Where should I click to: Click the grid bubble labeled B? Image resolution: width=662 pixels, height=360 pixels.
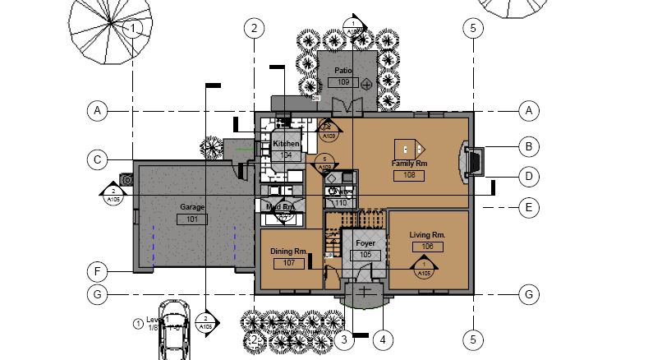point(530,147)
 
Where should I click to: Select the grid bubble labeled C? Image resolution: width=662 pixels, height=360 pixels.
point(97,159)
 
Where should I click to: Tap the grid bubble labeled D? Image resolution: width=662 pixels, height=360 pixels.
point(530,176)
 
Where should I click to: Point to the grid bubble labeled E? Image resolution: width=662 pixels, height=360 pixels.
point(530,208)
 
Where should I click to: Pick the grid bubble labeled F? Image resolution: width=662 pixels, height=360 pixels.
point(97,270)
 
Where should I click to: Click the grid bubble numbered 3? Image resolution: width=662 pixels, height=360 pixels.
point(344,338)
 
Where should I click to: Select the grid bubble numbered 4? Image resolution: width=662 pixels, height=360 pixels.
point(381,338)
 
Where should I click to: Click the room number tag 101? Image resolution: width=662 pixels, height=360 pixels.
point(192,219)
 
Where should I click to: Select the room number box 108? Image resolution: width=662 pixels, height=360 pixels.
point(408,175)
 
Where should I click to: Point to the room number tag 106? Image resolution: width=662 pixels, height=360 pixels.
point(426,247)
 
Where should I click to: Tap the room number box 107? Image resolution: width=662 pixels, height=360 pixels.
point(288,263)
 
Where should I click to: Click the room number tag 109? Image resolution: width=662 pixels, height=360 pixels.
point(342,83)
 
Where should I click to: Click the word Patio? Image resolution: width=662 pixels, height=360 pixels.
point(342,72)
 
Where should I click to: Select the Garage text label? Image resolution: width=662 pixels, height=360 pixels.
point(192,208)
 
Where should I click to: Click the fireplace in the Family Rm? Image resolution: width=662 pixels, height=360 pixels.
point(471,161)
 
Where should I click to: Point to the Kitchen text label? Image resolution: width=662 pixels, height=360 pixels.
point(287,144)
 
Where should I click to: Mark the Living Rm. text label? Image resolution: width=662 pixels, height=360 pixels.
point(426,235)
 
